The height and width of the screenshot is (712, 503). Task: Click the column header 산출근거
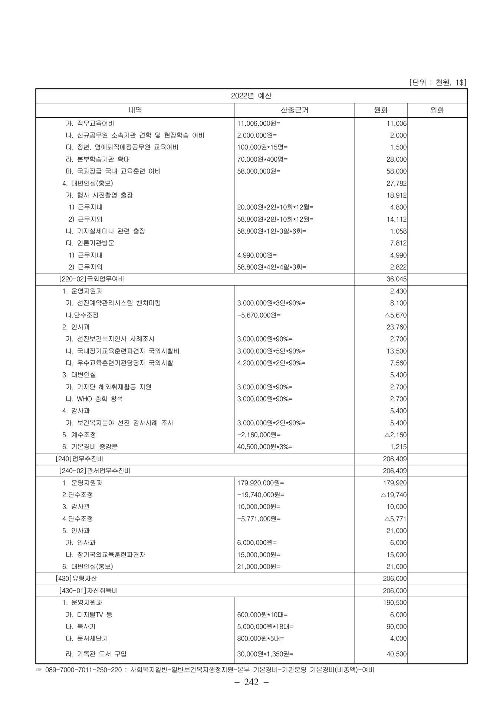point(295,110)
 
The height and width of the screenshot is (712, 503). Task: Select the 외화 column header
point(437,110)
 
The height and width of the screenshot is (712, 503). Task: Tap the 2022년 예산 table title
point(251,96)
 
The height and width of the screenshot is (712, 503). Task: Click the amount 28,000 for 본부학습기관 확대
point(397,159)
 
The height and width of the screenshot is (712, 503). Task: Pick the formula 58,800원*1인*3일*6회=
point(272,231)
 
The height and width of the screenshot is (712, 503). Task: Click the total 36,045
point(397,279)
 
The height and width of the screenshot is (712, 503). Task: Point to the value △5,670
point(395,315)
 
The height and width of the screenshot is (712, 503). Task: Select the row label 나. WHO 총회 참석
point(94,399)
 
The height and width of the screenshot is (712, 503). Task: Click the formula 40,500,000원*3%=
point(264,447)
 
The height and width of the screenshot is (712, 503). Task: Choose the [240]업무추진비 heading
point(79,459)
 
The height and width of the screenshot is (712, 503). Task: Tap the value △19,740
point(394,495)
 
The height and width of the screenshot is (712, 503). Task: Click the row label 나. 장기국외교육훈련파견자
point(105,555)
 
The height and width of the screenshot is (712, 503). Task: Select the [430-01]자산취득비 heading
point(88,591)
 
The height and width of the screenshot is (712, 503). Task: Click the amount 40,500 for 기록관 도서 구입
point(397,654)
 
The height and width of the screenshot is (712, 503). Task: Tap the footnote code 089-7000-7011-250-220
point(83,670)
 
